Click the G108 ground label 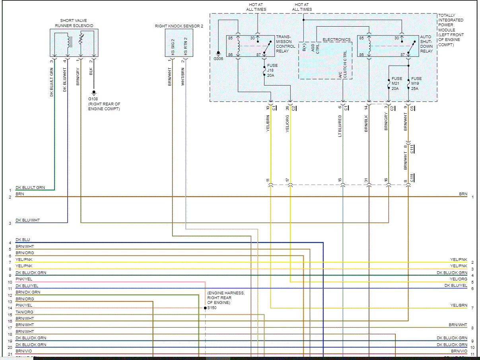pyautogui.click(x=94, y=99)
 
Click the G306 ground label pyautogui.click(x=218, y=58)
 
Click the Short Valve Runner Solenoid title pyautogui.click(x=74, y=23)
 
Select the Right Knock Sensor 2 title pyautogui.click(x=179, y=26)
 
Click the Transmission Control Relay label pyautogui.click(x=286, y=44)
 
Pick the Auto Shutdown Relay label pyautogui.click(x=426, y=44)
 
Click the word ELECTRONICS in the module pyautogui.click(x=336, y=40)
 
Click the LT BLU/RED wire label pyautogui.click(x=340, y=127)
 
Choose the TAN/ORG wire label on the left pyautogui.click(x=24, y=312)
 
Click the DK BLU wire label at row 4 pyautogui.click(x=22, y=240)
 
